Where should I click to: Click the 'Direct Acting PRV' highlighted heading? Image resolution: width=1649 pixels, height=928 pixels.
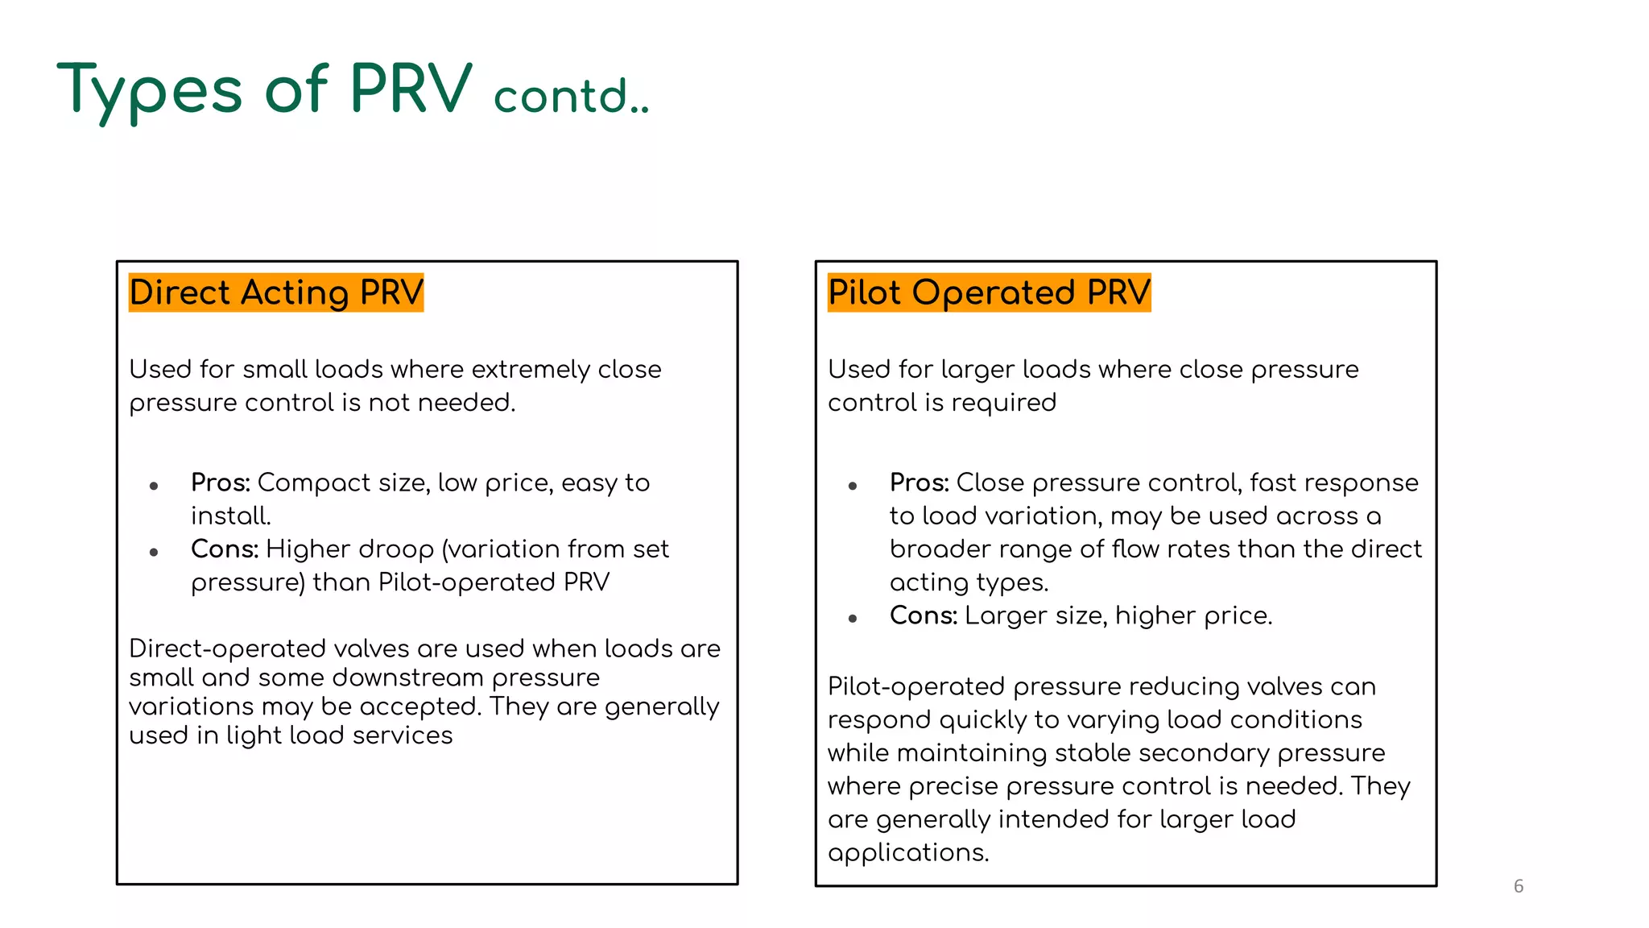pyautogui.click(x=275, y=292)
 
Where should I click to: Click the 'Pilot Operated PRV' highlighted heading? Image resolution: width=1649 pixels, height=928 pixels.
pyautogui.click(x=989, y=292)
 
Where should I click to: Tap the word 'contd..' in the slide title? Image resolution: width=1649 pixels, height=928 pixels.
pyautogui.click(x=570, y=97)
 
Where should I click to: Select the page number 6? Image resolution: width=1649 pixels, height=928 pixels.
pyautogui.click(x=1519, y=886)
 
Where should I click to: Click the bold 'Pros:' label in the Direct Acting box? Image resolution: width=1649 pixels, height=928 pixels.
pyautogui.click(x=221, y=483)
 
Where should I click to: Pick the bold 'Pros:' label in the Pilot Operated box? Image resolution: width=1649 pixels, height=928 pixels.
pyautogui.click(x=920, y=483)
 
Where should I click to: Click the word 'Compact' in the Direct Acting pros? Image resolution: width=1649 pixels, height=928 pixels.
pyautogui.click(x=314, y=483)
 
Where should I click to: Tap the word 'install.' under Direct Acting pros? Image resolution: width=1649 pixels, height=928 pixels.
pyautogui.click(x=231, y=516)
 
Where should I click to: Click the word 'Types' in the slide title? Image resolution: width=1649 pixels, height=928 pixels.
pyautogui.click(x=150, y=90)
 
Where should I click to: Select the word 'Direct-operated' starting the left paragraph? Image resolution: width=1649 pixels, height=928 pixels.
pyautogui.click(x=227, y=649)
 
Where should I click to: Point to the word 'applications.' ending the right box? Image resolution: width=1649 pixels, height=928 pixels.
pyautogui.click(x=908, y=853)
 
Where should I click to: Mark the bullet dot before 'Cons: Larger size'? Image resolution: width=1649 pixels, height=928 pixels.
pyautogui.click(x=853, y=619)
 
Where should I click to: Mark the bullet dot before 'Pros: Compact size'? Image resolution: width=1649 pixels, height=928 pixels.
pyautogui.click(x=154, y=486)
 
